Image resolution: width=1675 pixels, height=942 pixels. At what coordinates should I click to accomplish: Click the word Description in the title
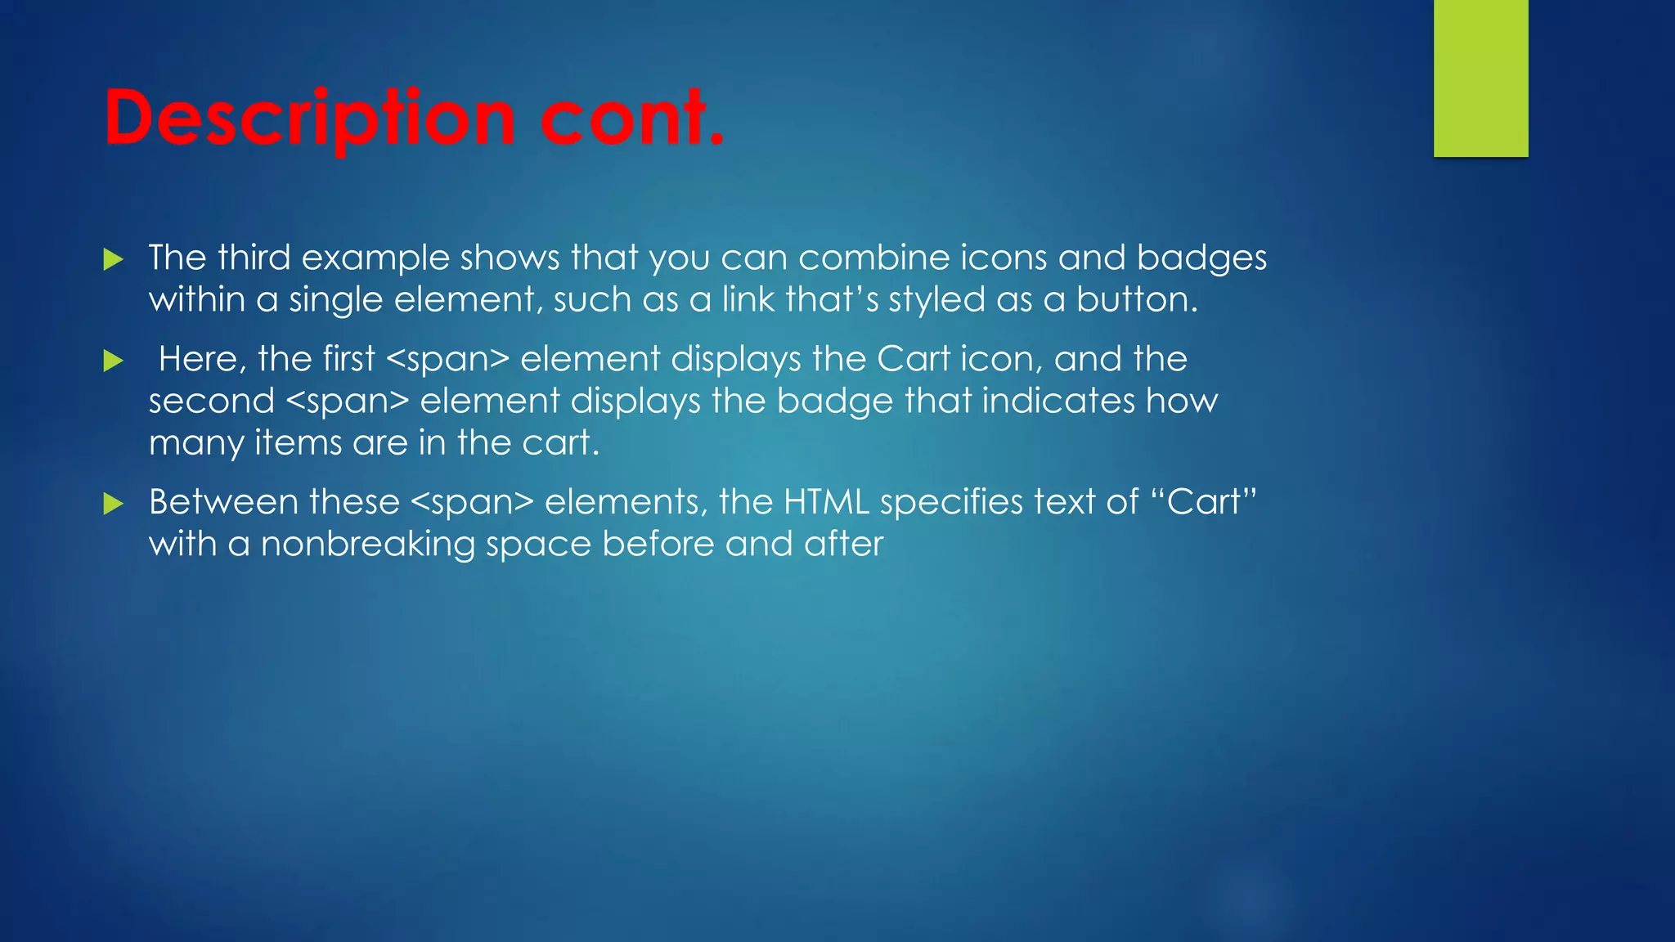tap(309, 119)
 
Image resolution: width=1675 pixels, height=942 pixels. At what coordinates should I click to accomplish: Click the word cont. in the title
tap(631, 119)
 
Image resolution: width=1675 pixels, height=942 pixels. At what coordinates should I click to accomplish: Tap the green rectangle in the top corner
tap(1480, 78)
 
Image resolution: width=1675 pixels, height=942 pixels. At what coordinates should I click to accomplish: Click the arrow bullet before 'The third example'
tap(114, 261)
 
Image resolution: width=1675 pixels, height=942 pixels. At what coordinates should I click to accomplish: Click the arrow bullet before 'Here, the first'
tap(114, 361)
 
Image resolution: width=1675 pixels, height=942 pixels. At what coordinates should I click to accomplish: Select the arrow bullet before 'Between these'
tap(114, 504)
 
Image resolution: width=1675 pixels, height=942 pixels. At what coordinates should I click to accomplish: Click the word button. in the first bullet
tap(1136, 300)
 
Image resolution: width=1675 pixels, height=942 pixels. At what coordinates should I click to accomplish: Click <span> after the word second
tap(348, 401)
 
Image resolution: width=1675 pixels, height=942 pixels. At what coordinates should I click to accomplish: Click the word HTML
tap(826, 502)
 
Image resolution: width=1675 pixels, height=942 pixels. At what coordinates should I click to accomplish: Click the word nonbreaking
tap(367, 545)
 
